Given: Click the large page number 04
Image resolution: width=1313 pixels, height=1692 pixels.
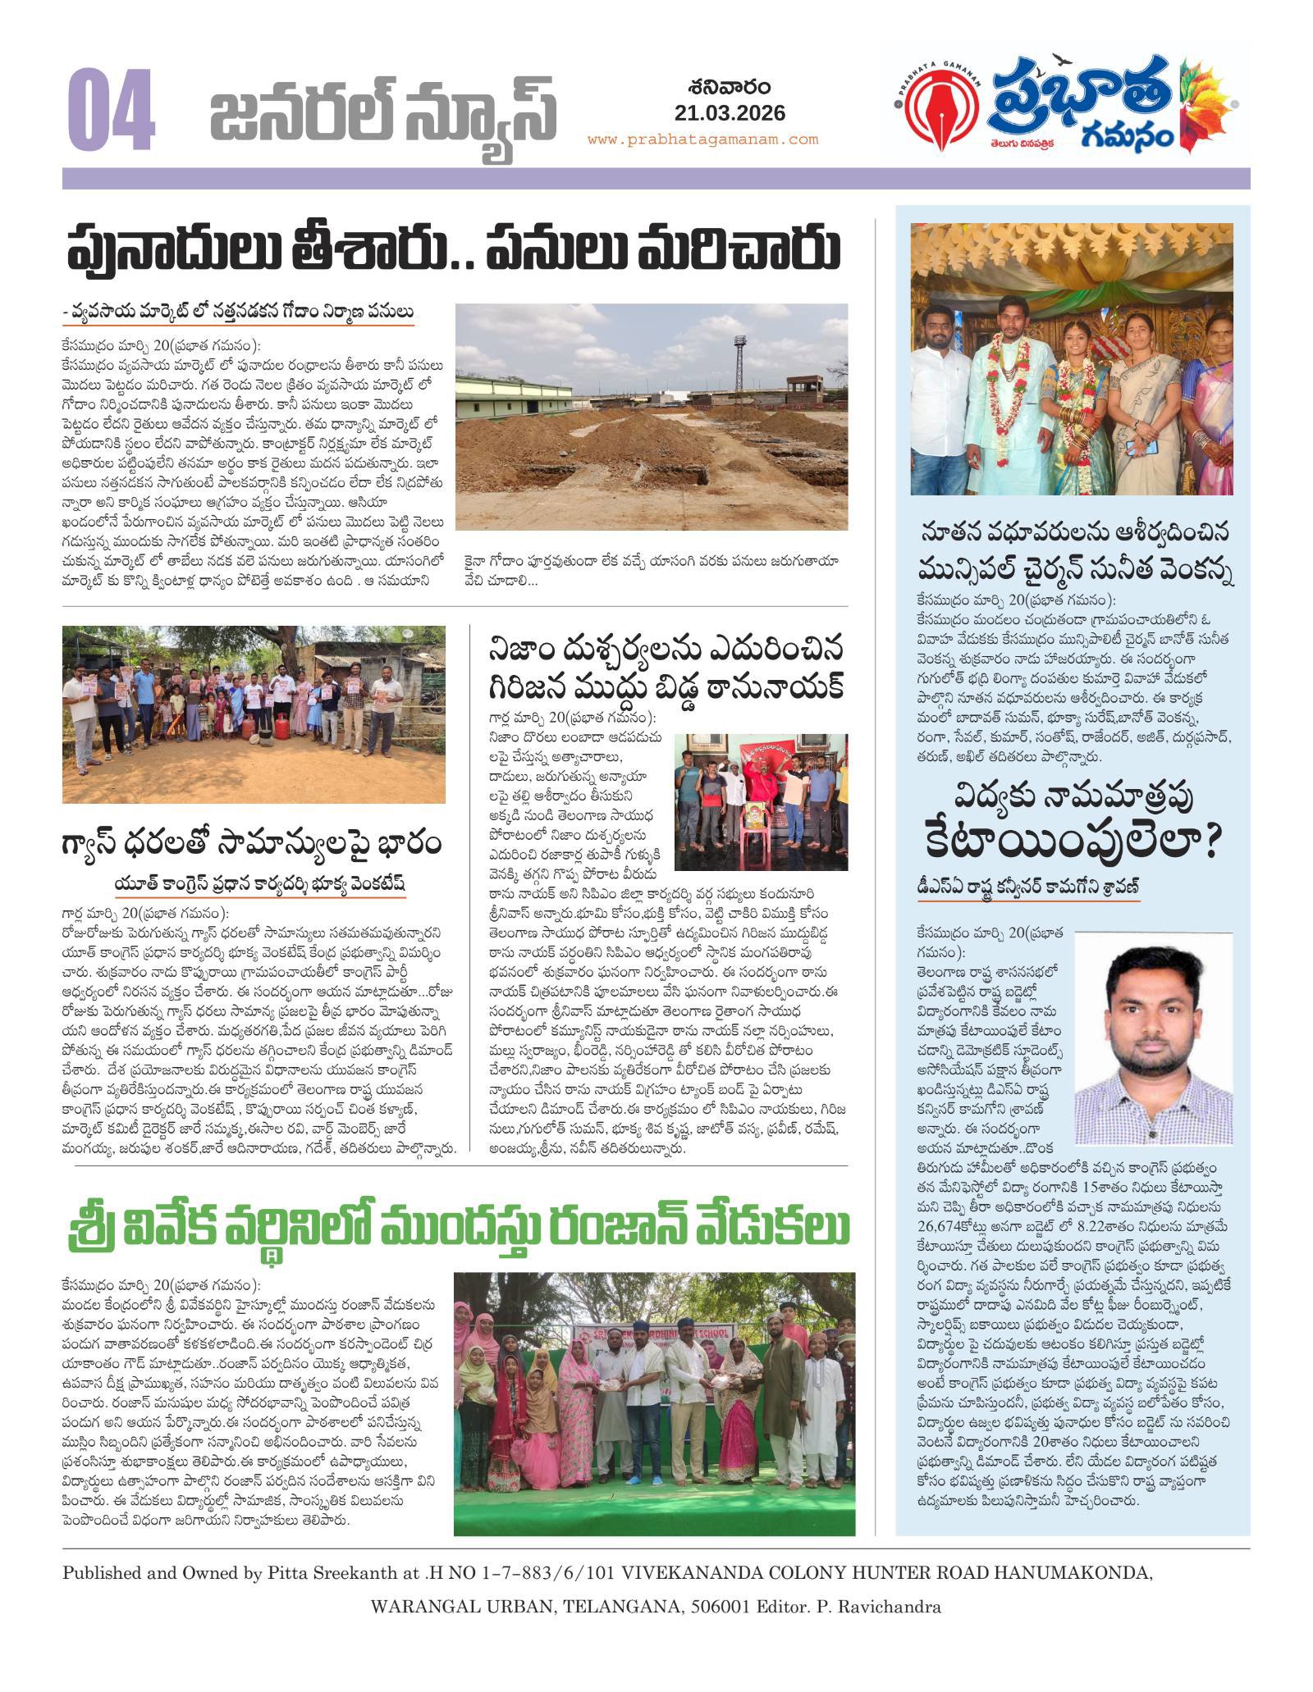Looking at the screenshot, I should coord(112,113).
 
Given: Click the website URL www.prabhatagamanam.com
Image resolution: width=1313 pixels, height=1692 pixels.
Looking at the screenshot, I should coord(702,139).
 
